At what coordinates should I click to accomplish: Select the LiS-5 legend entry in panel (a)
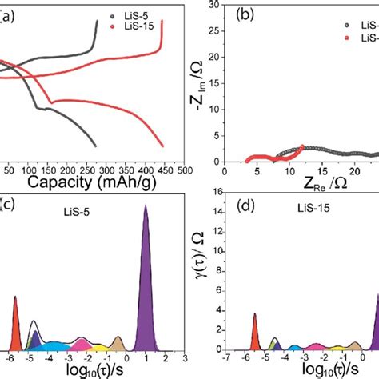click(141, 15)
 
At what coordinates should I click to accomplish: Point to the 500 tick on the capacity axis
click(184, 170)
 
